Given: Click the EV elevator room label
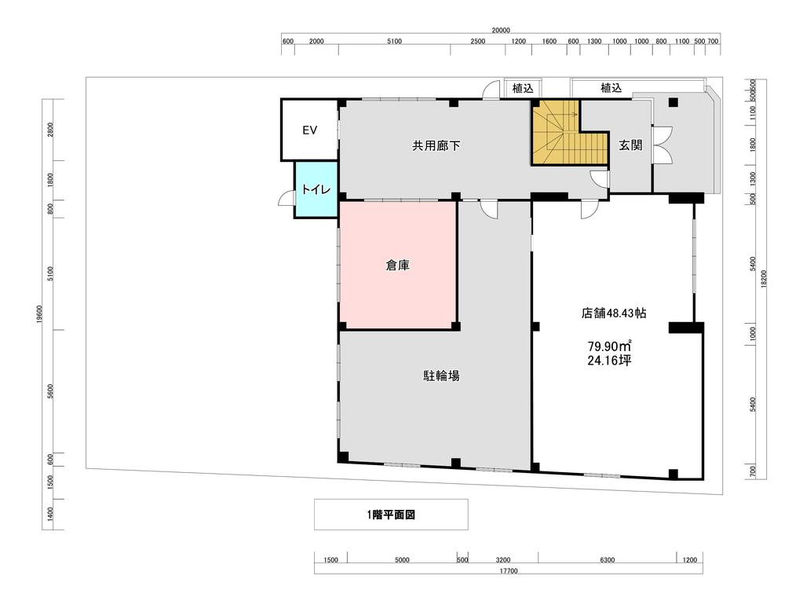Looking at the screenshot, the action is coord(309,130).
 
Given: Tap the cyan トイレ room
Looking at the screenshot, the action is coord(316,189).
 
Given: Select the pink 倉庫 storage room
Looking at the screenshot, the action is coord(398,265).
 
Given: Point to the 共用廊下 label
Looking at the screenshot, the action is coord(436,145).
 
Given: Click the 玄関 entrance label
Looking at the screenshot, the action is coord(630,145).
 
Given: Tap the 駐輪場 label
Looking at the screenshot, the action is coord(441,376).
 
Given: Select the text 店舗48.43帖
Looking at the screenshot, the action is coord(614,313).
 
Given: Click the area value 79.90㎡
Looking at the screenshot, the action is coord(609,346).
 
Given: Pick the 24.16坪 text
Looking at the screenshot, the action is coord(609,360).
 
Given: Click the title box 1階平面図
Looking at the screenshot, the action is coord(391,515).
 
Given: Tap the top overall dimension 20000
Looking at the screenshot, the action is coord(500,30).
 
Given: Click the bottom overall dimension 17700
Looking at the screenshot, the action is coord(508,571).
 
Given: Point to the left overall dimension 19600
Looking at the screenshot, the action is coord(39,314).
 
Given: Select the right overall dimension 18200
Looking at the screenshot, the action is coord(763,279).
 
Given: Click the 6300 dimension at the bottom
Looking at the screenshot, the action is coord(607,560).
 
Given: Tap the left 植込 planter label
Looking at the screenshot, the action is coord(523,89).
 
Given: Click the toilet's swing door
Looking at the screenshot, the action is coord(287,198).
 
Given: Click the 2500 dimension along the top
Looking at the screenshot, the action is coord(477,42).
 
